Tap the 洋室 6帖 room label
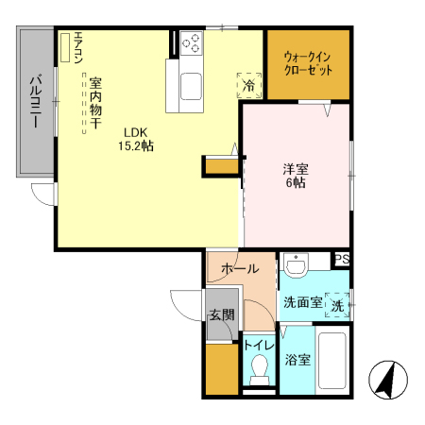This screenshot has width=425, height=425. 296,176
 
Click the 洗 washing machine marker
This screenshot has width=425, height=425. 336,303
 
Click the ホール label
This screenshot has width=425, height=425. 240,269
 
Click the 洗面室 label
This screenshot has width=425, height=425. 302,302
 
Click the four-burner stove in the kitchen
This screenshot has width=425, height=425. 191,43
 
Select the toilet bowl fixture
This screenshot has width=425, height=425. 257,373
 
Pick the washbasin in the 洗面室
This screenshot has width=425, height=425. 296,267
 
